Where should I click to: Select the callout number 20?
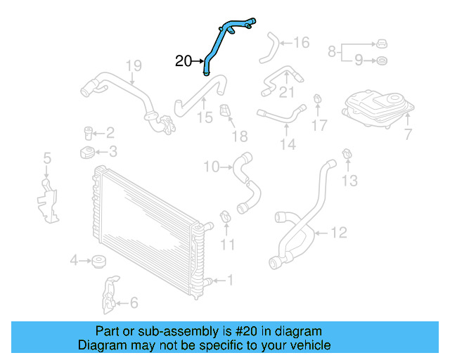pos(183,62)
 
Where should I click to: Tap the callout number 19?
pos(134,67)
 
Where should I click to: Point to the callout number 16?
pos(301,43)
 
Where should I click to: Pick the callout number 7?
pos(408,134)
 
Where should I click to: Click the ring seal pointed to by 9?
pos(380,61)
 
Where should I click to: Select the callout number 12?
pos(339,231)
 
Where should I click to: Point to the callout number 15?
pos(205,117)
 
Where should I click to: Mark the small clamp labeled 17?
pos(318,98)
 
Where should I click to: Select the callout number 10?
pos(212,167)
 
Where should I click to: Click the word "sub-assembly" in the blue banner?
pos(162,331)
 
